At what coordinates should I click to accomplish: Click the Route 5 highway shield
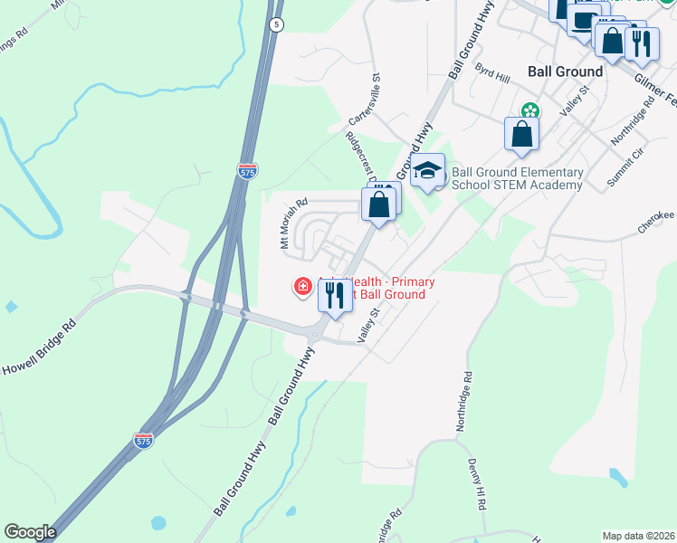point(276,24)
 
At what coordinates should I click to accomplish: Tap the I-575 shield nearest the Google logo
point(143,440)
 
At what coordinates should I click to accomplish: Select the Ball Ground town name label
point(565,71)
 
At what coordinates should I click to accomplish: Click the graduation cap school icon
point(427,169)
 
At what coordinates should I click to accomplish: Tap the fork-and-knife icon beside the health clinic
point(335,294)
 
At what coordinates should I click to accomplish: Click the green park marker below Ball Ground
point(529,111)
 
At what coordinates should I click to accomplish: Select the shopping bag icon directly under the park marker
point(522,134)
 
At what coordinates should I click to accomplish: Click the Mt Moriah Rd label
point(294,224)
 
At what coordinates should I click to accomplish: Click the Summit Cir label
point(625,165)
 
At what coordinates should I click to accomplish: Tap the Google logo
point(30,532)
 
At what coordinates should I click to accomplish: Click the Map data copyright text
point(638,536)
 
